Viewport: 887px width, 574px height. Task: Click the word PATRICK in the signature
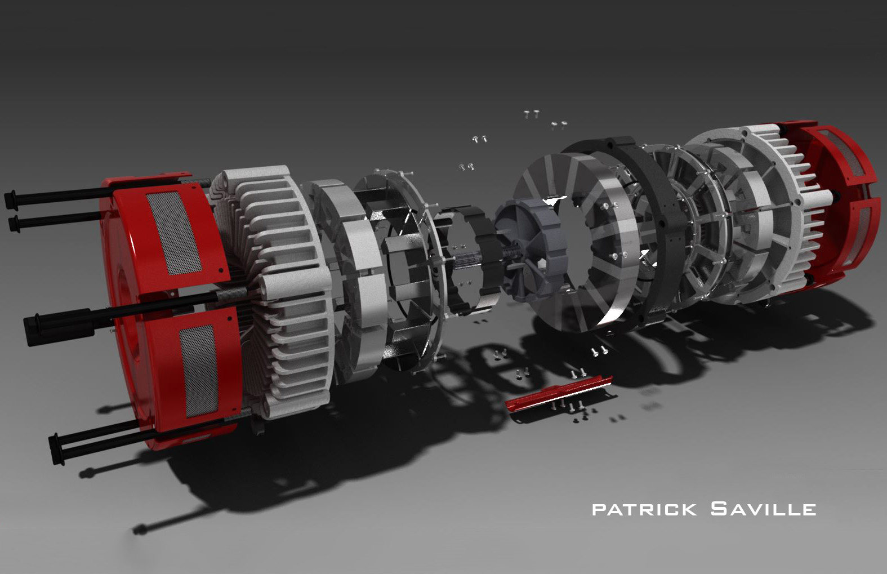(x=644, y=510)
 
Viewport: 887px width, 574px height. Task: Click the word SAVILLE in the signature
(x=763, y=509)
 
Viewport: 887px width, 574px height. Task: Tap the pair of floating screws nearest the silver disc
(x=466, y=167)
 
